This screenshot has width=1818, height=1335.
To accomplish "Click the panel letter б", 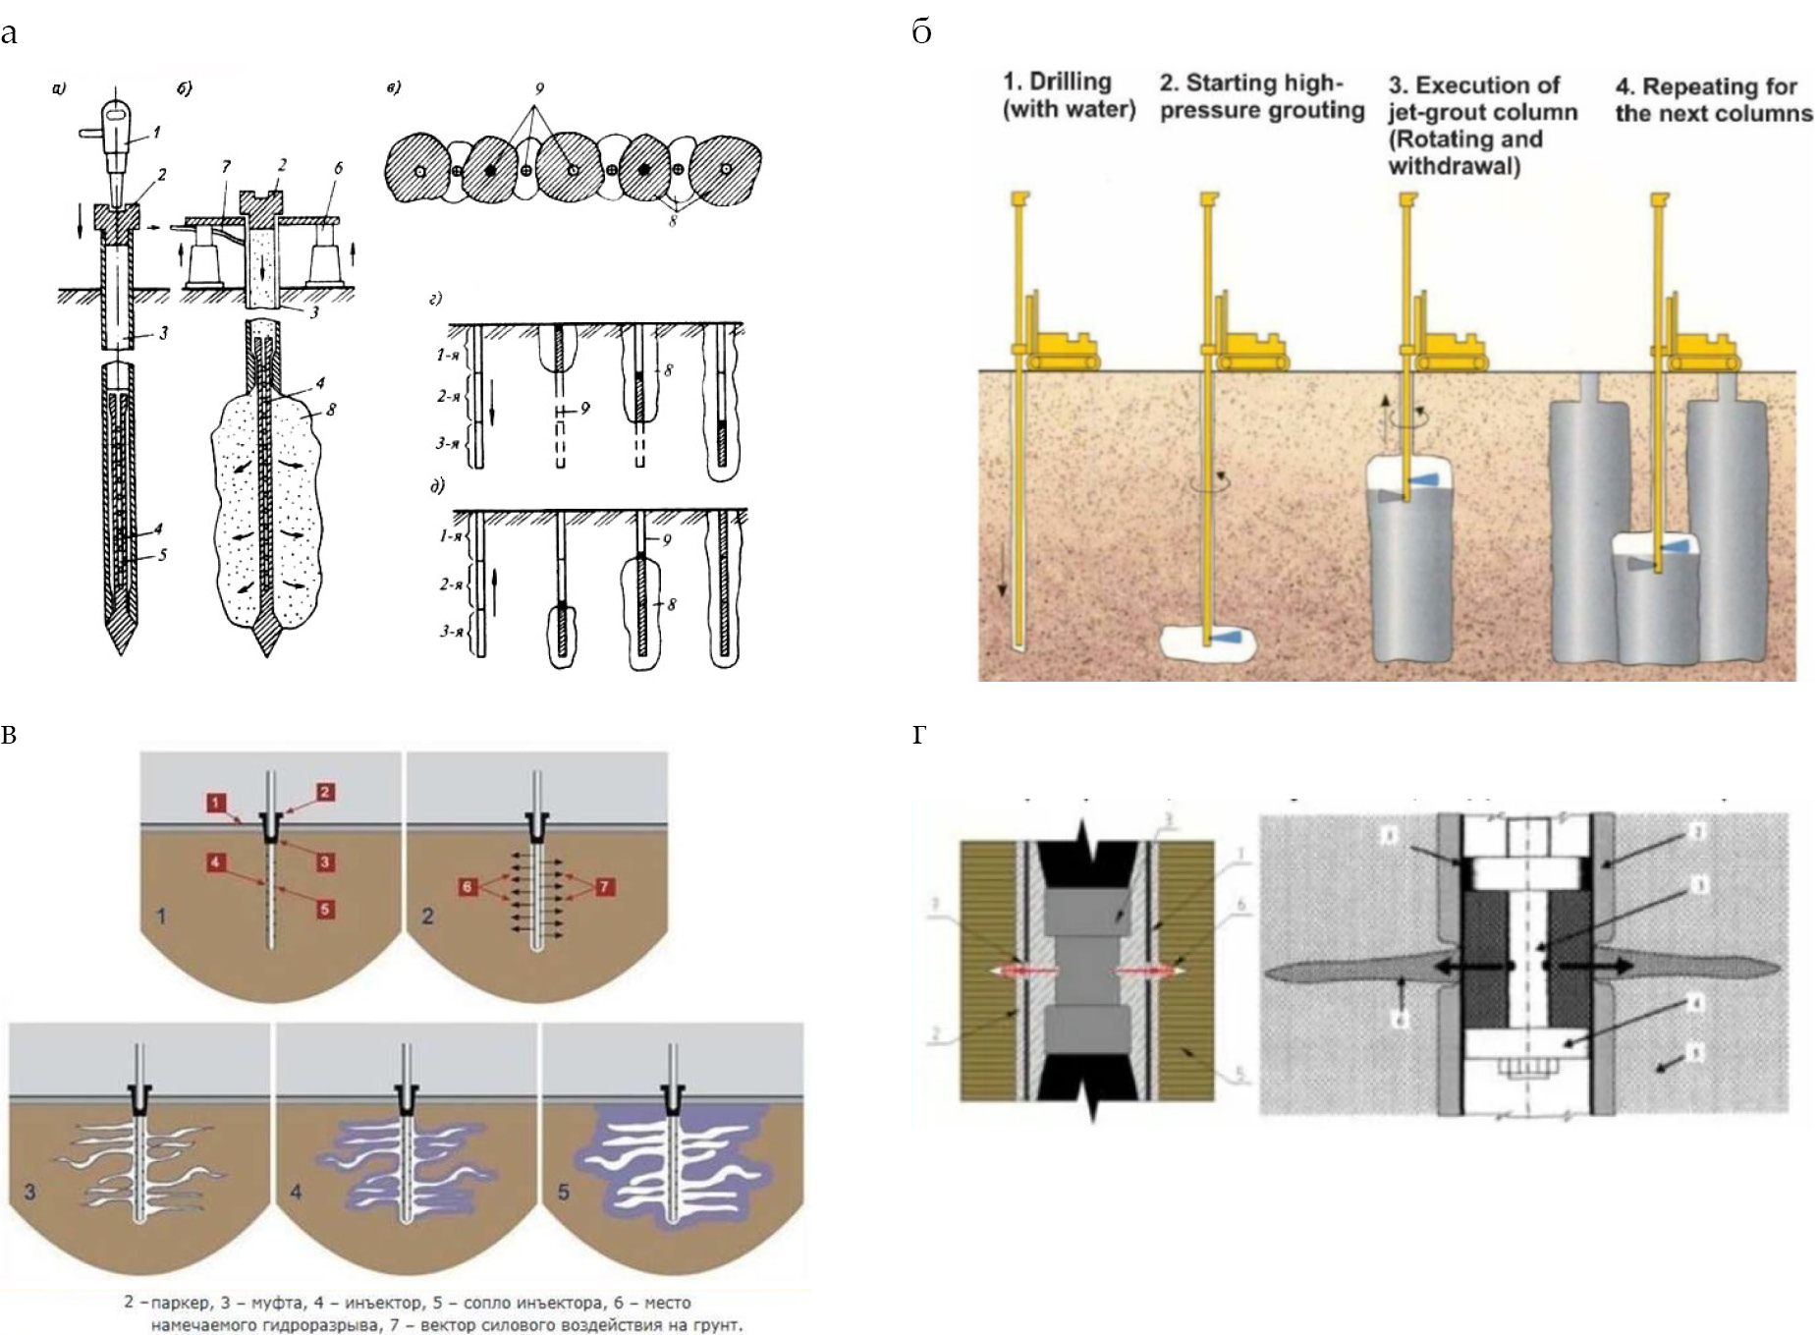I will click(x=921, y=33).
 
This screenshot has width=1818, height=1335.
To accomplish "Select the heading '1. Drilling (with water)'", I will click(x=1068, y=95).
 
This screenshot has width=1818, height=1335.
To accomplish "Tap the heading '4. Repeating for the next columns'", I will click(x=1713, y=99).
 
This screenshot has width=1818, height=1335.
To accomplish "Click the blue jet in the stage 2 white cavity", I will click(x=1222, y=638).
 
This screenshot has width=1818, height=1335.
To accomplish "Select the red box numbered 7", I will click(x=605, y=887).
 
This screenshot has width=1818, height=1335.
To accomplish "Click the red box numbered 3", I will click(x=326, y=862).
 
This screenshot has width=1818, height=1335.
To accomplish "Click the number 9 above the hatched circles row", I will click(x=539, y=88).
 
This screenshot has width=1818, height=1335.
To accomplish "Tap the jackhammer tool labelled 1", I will click(x=118, y=138).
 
